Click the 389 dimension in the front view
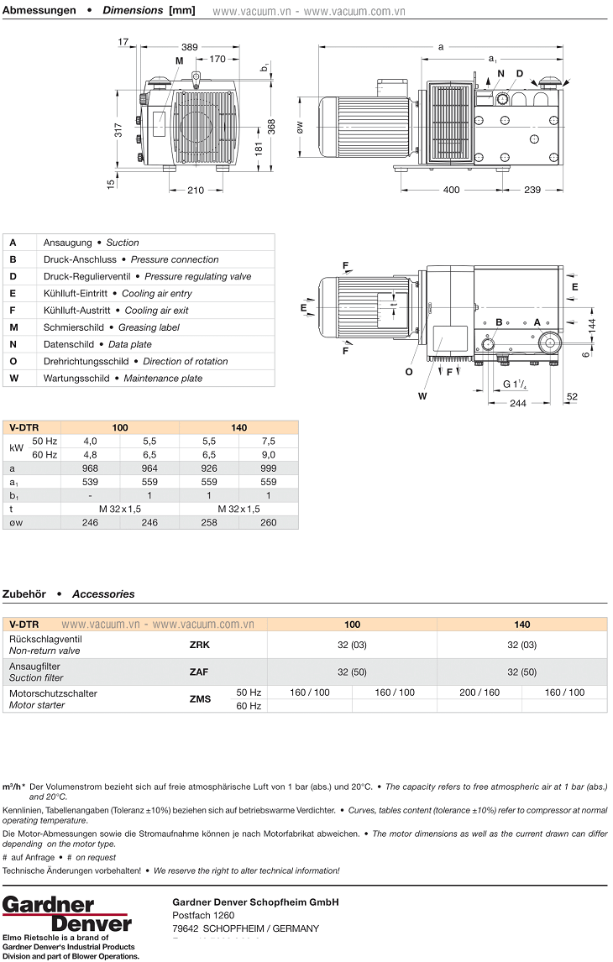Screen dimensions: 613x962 190,47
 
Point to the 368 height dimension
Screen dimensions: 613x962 271,127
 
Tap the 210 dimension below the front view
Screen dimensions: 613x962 196,191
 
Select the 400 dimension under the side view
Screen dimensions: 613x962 451,190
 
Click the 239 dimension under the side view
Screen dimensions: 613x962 532,190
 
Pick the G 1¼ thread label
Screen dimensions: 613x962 515,384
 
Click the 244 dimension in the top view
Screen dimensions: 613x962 518,403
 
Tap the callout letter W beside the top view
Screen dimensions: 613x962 422,396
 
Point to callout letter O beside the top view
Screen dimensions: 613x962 409,372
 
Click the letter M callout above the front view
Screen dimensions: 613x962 179,60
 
